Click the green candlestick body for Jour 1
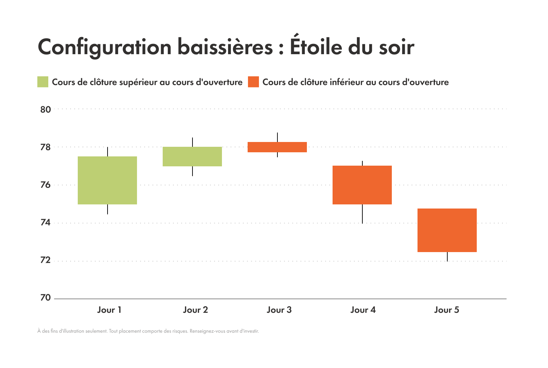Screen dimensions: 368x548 point(107,180)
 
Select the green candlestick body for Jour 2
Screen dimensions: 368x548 point(192,156)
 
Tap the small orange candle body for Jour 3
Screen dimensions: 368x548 point(277,147)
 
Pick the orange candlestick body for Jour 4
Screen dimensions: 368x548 point(362,185)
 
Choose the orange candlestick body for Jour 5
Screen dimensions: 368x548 point(447,230)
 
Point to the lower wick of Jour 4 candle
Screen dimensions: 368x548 point(362,214)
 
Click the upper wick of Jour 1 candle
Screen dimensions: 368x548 point(108,152)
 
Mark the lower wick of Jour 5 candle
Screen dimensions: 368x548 point(447,257)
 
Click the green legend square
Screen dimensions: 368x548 point(43,82)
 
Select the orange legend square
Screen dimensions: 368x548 point(253,82)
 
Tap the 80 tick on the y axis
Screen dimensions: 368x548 point(46,110)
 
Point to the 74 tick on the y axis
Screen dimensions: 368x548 point(46,223)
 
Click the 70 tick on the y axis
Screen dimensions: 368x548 point(46,298)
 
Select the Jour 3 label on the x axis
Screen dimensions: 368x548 point(279,310)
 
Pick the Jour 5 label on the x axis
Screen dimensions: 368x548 point(447,310)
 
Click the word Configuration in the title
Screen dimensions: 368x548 point(104,47)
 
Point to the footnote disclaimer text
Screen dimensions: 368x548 point(148,331)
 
